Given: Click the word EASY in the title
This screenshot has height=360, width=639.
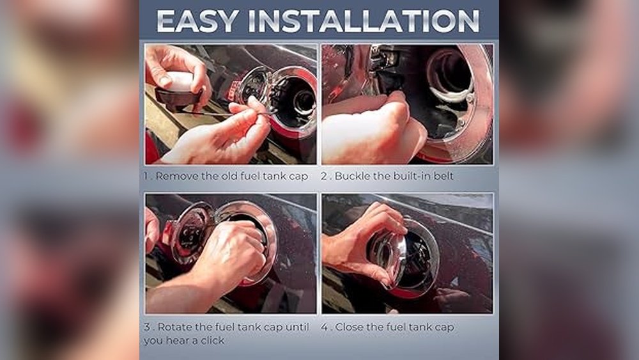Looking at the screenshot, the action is click(x=197, y=21).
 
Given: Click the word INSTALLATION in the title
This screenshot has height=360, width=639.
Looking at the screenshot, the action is click(x=364, y=21).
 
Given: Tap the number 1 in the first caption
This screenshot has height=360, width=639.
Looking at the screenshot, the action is click(x=146, y=176).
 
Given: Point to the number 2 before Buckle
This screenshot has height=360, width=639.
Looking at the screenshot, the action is click(x=324, y=176).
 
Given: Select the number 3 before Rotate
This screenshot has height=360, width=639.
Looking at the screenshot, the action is click(x=147, y=327).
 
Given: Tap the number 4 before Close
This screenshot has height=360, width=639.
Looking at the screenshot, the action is click(x=325, y=327).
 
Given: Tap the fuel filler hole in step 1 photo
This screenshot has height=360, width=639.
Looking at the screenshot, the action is click(x=302, y=102).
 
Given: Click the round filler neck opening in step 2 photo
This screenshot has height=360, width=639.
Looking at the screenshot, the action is click(x=449, y=75).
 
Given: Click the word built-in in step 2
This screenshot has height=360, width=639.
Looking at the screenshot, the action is click(x=412, y=176).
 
